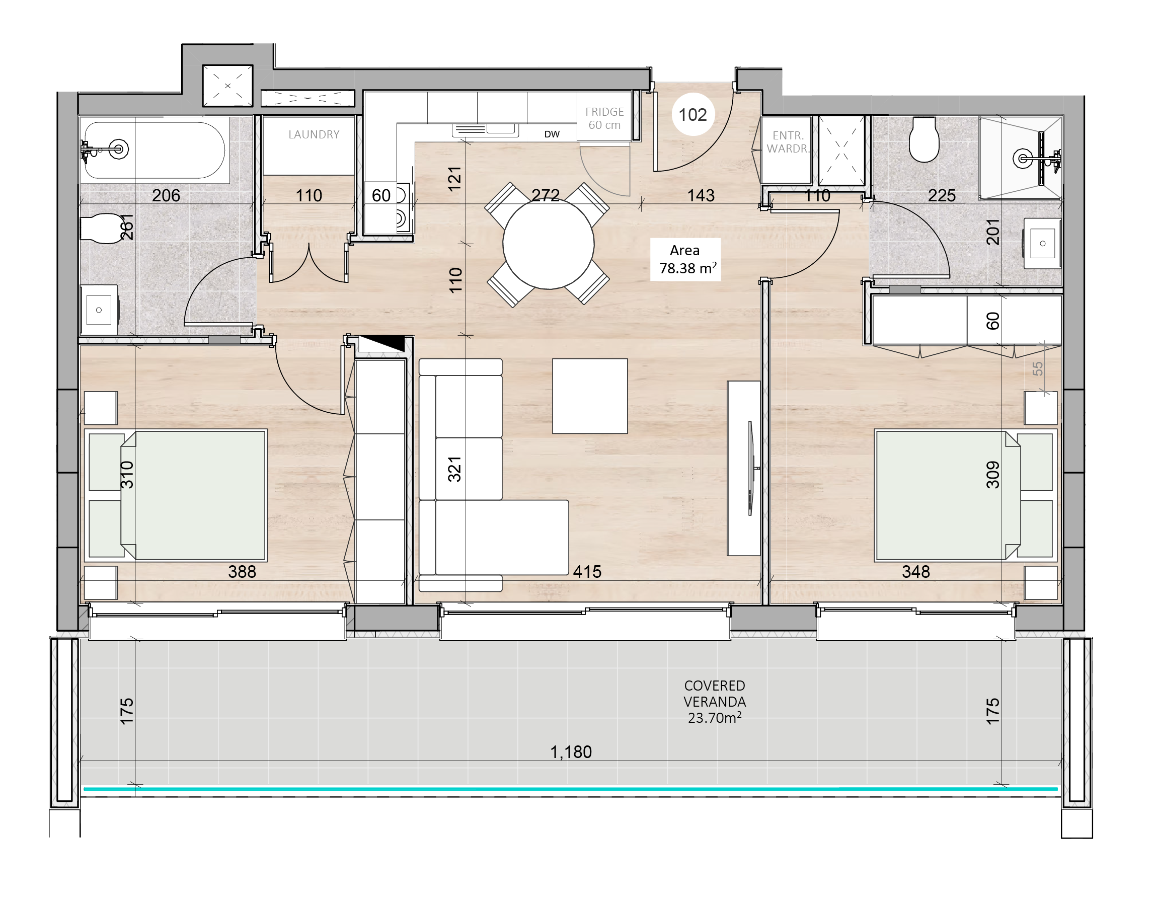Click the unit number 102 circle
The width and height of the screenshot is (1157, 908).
692,115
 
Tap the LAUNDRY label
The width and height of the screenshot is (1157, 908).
314,134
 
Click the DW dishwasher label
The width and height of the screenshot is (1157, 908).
552,134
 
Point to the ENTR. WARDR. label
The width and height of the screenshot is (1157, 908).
788,142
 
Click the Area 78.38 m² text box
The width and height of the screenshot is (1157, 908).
685,259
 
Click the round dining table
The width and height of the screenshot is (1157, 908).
548,244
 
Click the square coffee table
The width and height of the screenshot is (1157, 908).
590,396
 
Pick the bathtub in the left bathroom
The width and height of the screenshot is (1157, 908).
155,150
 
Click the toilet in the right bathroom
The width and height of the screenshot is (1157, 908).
923,140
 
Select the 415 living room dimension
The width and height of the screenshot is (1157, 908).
587,572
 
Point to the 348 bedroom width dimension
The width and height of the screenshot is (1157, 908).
916,572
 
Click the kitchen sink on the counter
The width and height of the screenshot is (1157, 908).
484,129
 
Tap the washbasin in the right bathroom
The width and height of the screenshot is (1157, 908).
1042,244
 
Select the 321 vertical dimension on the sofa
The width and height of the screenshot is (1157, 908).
454,469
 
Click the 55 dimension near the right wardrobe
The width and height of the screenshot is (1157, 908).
1037,368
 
